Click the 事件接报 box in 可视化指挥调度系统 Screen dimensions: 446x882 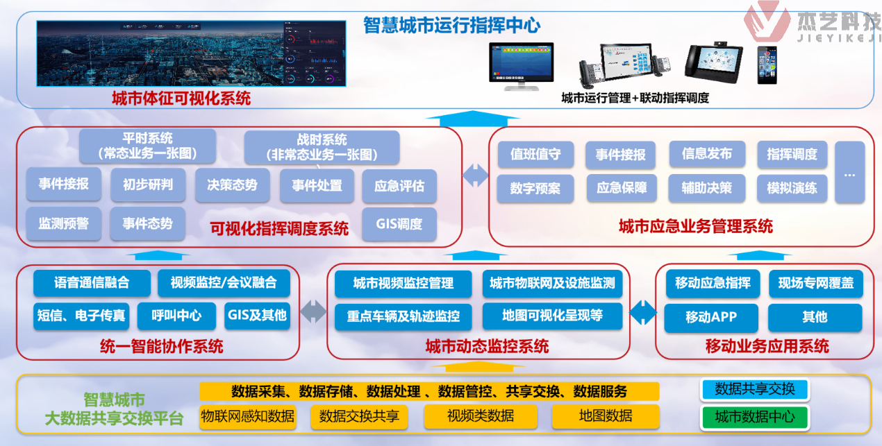(63, 185)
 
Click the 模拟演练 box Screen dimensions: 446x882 (792, 188)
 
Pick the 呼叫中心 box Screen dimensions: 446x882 (176, 316)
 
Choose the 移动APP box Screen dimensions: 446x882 (710, 317)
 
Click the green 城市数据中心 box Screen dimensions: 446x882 (755, 417)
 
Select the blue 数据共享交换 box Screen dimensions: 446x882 (755, 389)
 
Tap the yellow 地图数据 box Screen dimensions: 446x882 (606, 416)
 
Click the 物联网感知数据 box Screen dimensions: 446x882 (248, 416)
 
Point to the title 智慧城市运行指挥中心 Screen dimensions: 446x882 (451, 26)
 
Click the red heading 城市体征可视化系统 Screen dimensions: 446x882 (181, 98)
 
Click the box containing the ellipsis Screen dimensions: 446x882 (849, 173)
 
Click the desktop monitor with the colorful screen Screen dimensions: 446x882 (521, 65)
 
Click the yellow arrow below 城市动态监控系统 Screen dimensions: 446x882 (479, 366)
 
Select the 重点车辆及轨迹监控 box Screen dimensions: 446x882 (403, 316)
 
